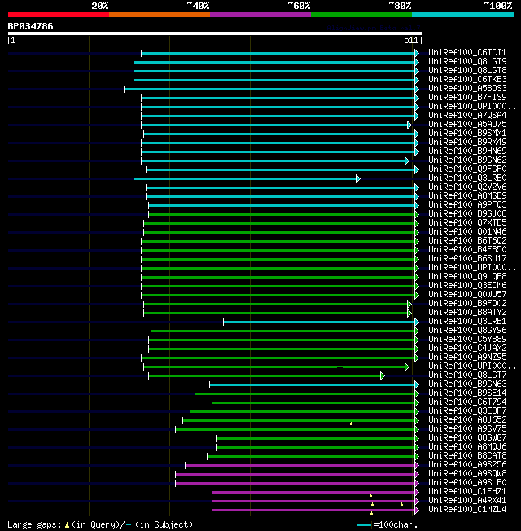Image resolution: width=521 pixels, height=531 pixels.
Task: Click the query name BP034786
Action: (30, 26)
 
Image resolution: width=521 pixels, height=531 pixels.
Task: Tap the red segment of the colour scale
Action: (58, 14)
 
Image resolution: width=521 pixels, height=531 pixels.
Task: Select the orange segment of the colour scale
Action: (159, 14)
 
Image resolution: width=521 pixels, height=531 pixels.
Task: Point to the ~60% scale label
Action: (299, 6)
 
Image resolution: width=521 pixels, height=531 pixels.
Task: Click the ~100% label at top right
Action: (498, 6)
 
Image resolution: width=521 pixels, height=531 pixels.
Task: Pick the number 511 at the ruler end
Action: (411, 39)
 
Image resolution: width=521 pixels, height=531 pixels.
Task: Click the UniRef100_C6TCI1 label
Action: (467, 53)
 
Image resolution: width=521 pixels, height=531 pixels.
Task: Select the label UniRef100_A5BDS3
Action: (467, 89)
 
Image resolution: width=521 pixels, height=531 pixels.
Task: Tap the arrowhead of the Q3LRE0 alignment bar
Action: (357, 178)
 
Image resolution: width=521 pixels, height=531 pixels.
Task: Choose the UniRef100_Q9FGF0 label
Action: (467, 169)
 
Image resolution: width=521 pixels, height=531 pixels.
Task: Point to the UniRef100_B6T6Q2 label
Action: (467, 241)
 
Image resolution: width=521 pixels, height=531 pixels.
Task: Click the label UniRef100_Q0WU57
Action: (467, 295)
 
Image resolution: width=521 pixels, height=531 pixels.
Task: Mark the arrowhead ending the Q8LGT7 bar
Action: (382, 375)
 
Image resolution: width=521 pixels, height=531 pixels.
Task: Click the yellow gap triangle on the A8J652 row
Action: (351, 423)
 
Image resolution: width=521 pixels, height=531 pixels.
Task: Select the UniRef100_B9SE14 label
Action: (467, 393)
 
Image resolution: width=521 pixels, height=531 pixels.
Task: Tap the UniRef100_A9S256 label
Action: (467, 465)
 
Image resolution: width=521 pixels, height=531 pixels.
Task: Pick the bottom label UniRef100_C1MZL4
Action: (467, 510)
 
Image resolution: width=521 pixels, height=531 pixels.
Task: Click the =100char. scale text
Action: (396, 524)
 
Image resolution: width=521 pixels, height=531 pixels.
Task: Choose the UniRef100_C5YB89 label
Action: (467, 340)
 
